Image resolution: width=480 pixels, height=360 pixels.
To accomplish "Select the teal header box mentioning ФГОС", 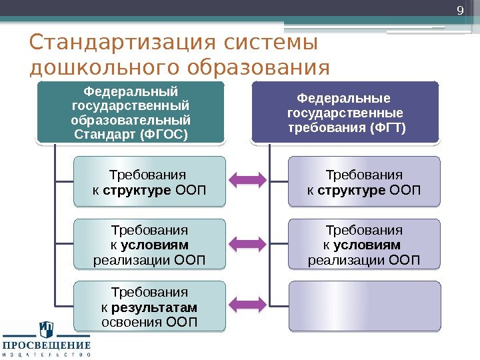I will coord(131,112).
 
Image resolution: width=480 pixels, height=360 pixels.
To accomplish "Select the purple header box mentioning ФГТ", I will coord(345,112).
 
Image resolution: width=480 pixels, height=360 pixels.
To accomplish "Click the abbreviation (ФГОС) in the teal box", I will coord(165,135).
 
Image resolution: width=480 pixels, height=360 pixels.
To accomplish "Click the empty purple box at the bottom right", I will coord(364,305).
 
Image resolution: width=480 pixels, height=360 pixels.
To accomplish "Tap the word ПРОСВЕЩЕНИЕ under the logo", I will coord(47,345).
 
